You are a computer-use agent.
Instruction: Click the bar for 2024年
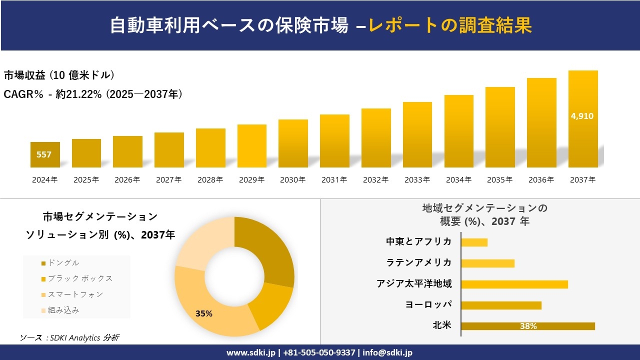(45, 154)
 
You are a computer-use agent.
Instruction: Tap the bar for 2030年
(293, 143)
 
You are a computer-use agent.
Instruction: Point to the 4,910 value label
(582, 116)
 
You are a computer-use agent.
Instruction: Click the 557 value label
(44, 154)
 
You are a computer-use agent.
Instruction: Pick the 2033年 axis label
(417, 180)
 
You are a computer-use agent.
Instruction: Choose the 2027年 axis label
(168, 180)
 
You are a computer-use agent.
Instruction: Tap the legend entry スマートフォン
(75, 294)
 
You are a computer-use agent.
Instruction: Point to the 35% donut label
(204, 313)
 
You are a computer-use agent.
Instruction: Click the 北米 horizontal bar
(527, 326)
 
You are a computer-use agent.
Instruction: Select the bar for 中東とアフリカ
(474, 242)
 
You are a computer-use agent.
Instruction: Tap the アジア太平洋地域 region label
(414, 284)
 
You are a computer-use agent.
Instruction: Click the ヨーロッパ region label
(428, 305)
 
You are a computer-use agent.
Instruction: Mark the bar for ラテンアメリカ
(487, 263)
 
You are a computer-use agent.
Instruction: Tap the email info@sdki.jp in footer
(387, 352)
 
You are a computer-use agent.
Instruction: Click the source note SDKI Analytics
(70, 338)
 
